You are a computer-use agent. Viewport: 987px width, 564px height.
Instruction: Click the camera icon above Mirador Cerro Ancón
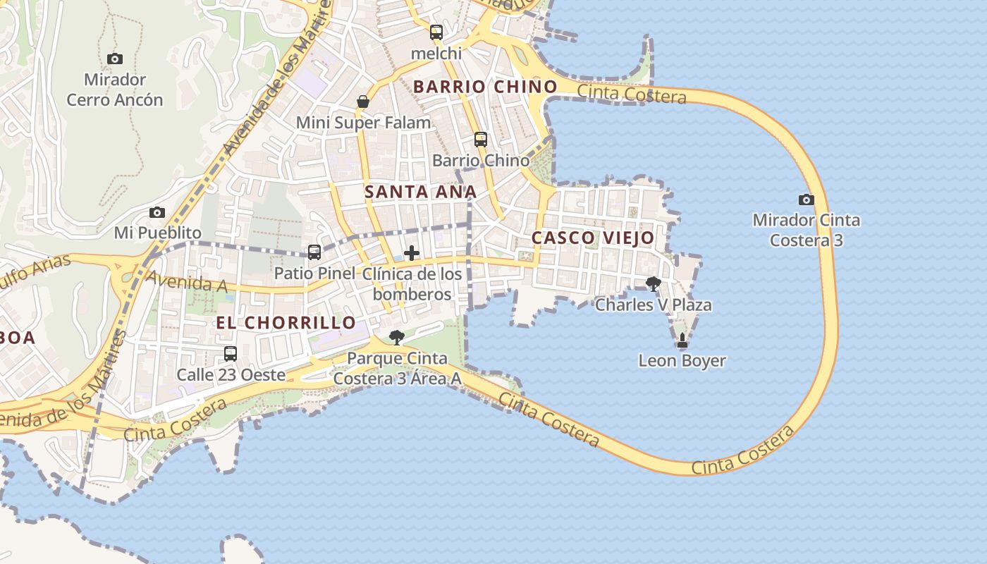point(115,59)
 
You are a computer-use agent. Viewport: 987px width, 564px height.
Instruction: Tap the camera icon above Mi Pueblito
point(157,213)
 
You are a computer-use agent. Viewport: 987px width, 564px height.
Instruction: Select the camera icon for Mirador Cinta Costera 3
point(807,200)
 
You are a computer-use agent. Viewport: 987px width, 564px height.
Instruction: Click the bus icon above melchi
point(436,32)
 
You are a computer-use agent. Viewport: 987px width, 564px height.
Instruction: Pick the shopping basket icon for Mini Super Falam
point(363,102)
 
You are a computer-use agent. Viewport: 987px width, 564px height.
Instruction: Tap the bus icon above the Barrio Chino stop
point(481,140)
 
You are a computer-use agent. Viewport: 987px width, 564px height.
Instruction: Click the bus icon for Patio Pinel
point(314,252)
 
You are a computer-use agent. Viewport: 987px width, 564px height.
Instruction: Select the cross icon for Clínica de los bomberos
point(412,253)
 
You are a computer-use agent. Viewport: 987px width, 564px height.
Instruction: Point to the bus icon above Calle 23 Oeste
point(231,354)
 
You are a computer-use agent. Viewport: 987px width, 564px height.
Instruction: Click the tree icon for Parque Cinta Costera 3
point(397,338)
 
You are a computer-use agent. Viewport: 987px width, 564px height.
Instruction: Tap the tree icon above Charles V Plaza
point(654,284)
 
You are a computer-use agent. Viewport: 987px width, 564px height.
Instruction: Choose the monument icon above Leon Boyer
point(682,341)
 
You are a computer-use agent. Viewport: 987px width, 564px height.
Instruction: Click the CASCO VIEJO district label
point(593,238)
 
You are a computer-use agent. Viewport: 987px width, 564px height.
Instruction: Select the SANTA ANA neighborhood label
point(420,192)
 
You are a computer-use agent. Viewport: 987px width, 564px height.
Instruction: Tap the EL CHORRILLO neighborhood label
point(286,323)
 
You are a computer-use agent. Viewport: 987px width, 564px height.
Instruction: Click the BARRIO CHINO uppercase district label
point(485,87)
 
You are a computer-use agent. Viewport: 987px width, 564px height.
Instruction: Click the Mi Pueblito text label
point(158,233)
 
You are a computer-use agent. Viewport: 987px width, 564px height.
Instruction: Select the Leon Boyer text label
point(682,361)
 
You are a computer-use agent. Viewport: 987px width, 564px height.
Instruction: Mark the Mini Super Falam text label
point(363,123)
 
